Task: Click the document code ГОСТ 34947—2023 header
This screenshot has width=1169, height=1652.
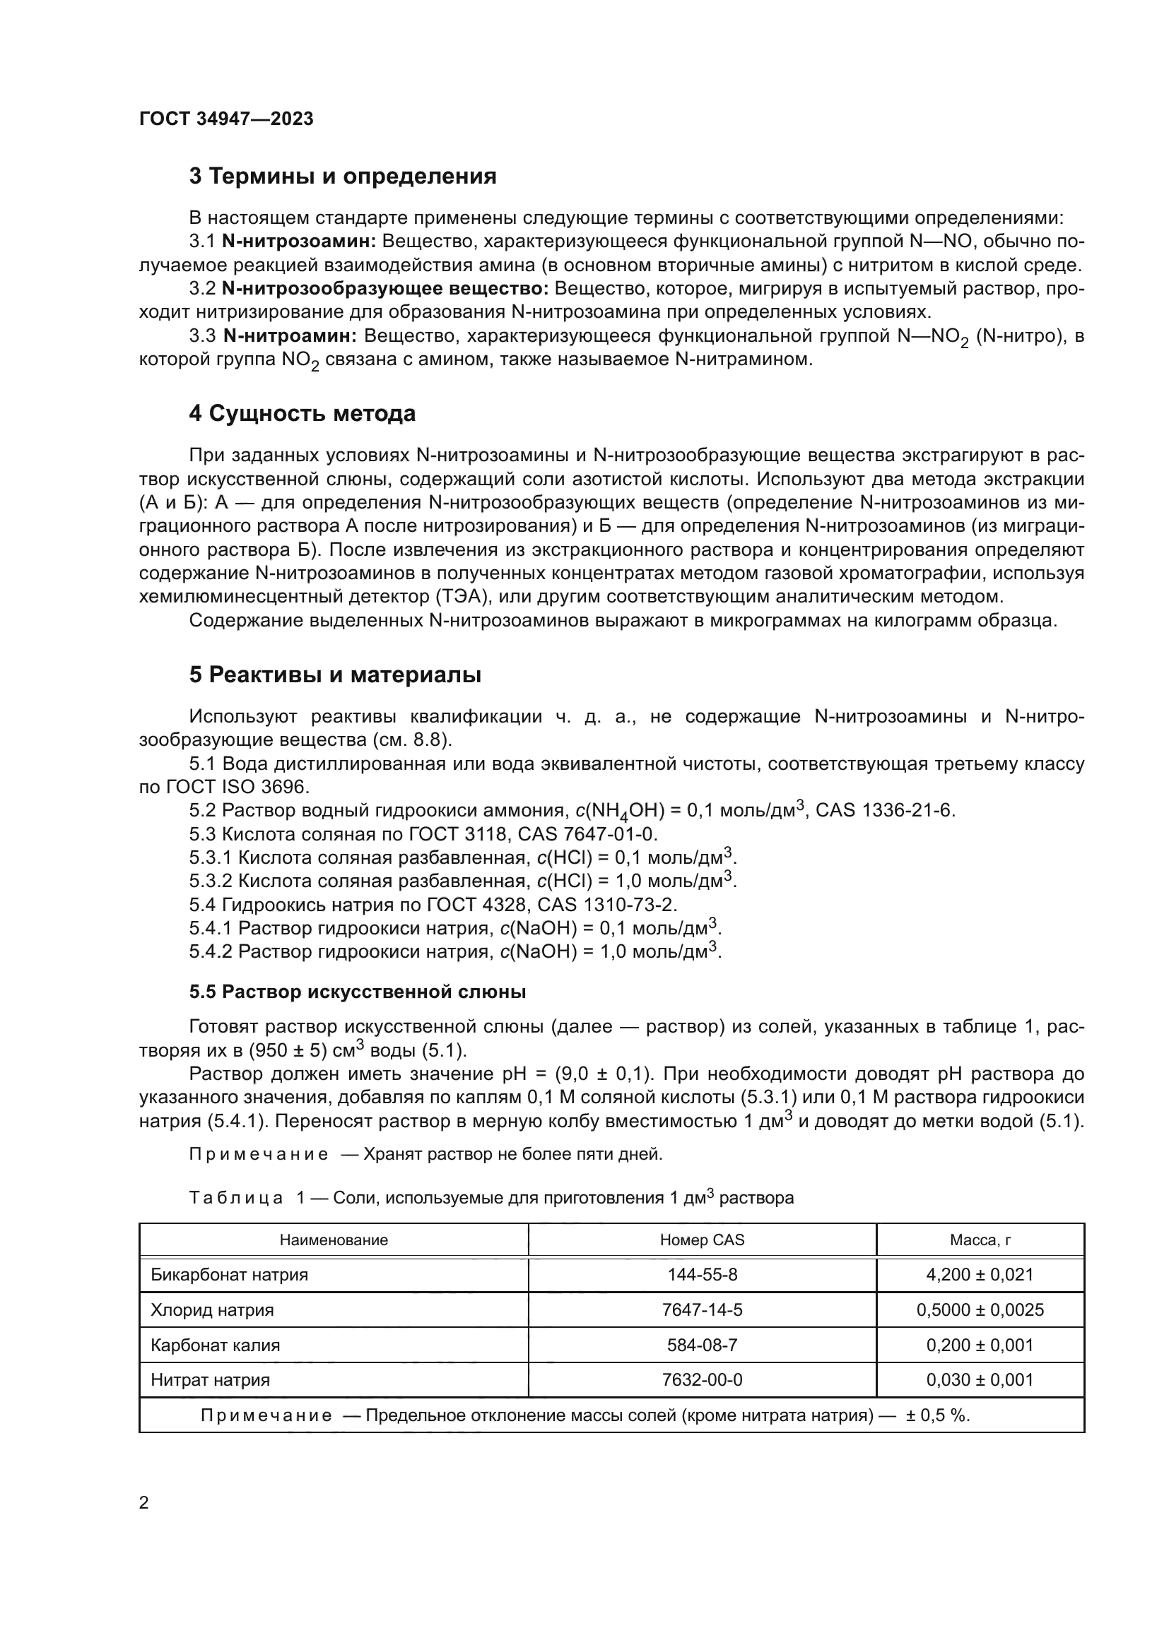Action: point(226,119)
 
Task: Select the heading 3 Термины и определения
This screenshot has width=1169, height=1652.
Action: point(343,177)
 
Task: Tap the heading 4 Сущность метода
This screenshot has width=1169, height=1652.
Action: point(302,414)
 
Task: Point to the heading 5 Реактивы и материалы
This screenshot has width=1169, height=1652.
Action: point(336,675)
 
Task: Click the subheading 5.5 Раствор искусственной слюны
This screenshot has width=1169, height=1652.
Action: point(357,992)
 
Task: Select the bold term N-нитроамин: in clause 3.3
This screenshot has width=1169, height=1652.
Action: point(290,336)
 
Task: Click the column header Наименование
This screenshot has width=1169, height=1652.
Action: point(334,1240)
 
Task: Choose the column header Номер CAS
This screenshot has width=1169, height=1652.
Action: point(702,1240)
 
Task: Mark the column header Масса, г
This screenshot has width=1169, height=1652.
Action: point(980,1240)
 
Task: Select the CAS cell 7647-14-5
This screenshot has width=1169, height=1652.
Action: point(702,1310)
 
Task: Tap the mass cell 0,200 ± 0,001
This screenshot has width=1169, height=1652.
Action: point(980,1345)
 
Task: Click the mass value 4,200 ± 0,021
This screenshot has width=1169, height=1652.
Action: point(980,1275)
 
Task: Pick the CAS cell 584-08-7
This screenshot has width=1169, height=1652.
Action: point(702,1345)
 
